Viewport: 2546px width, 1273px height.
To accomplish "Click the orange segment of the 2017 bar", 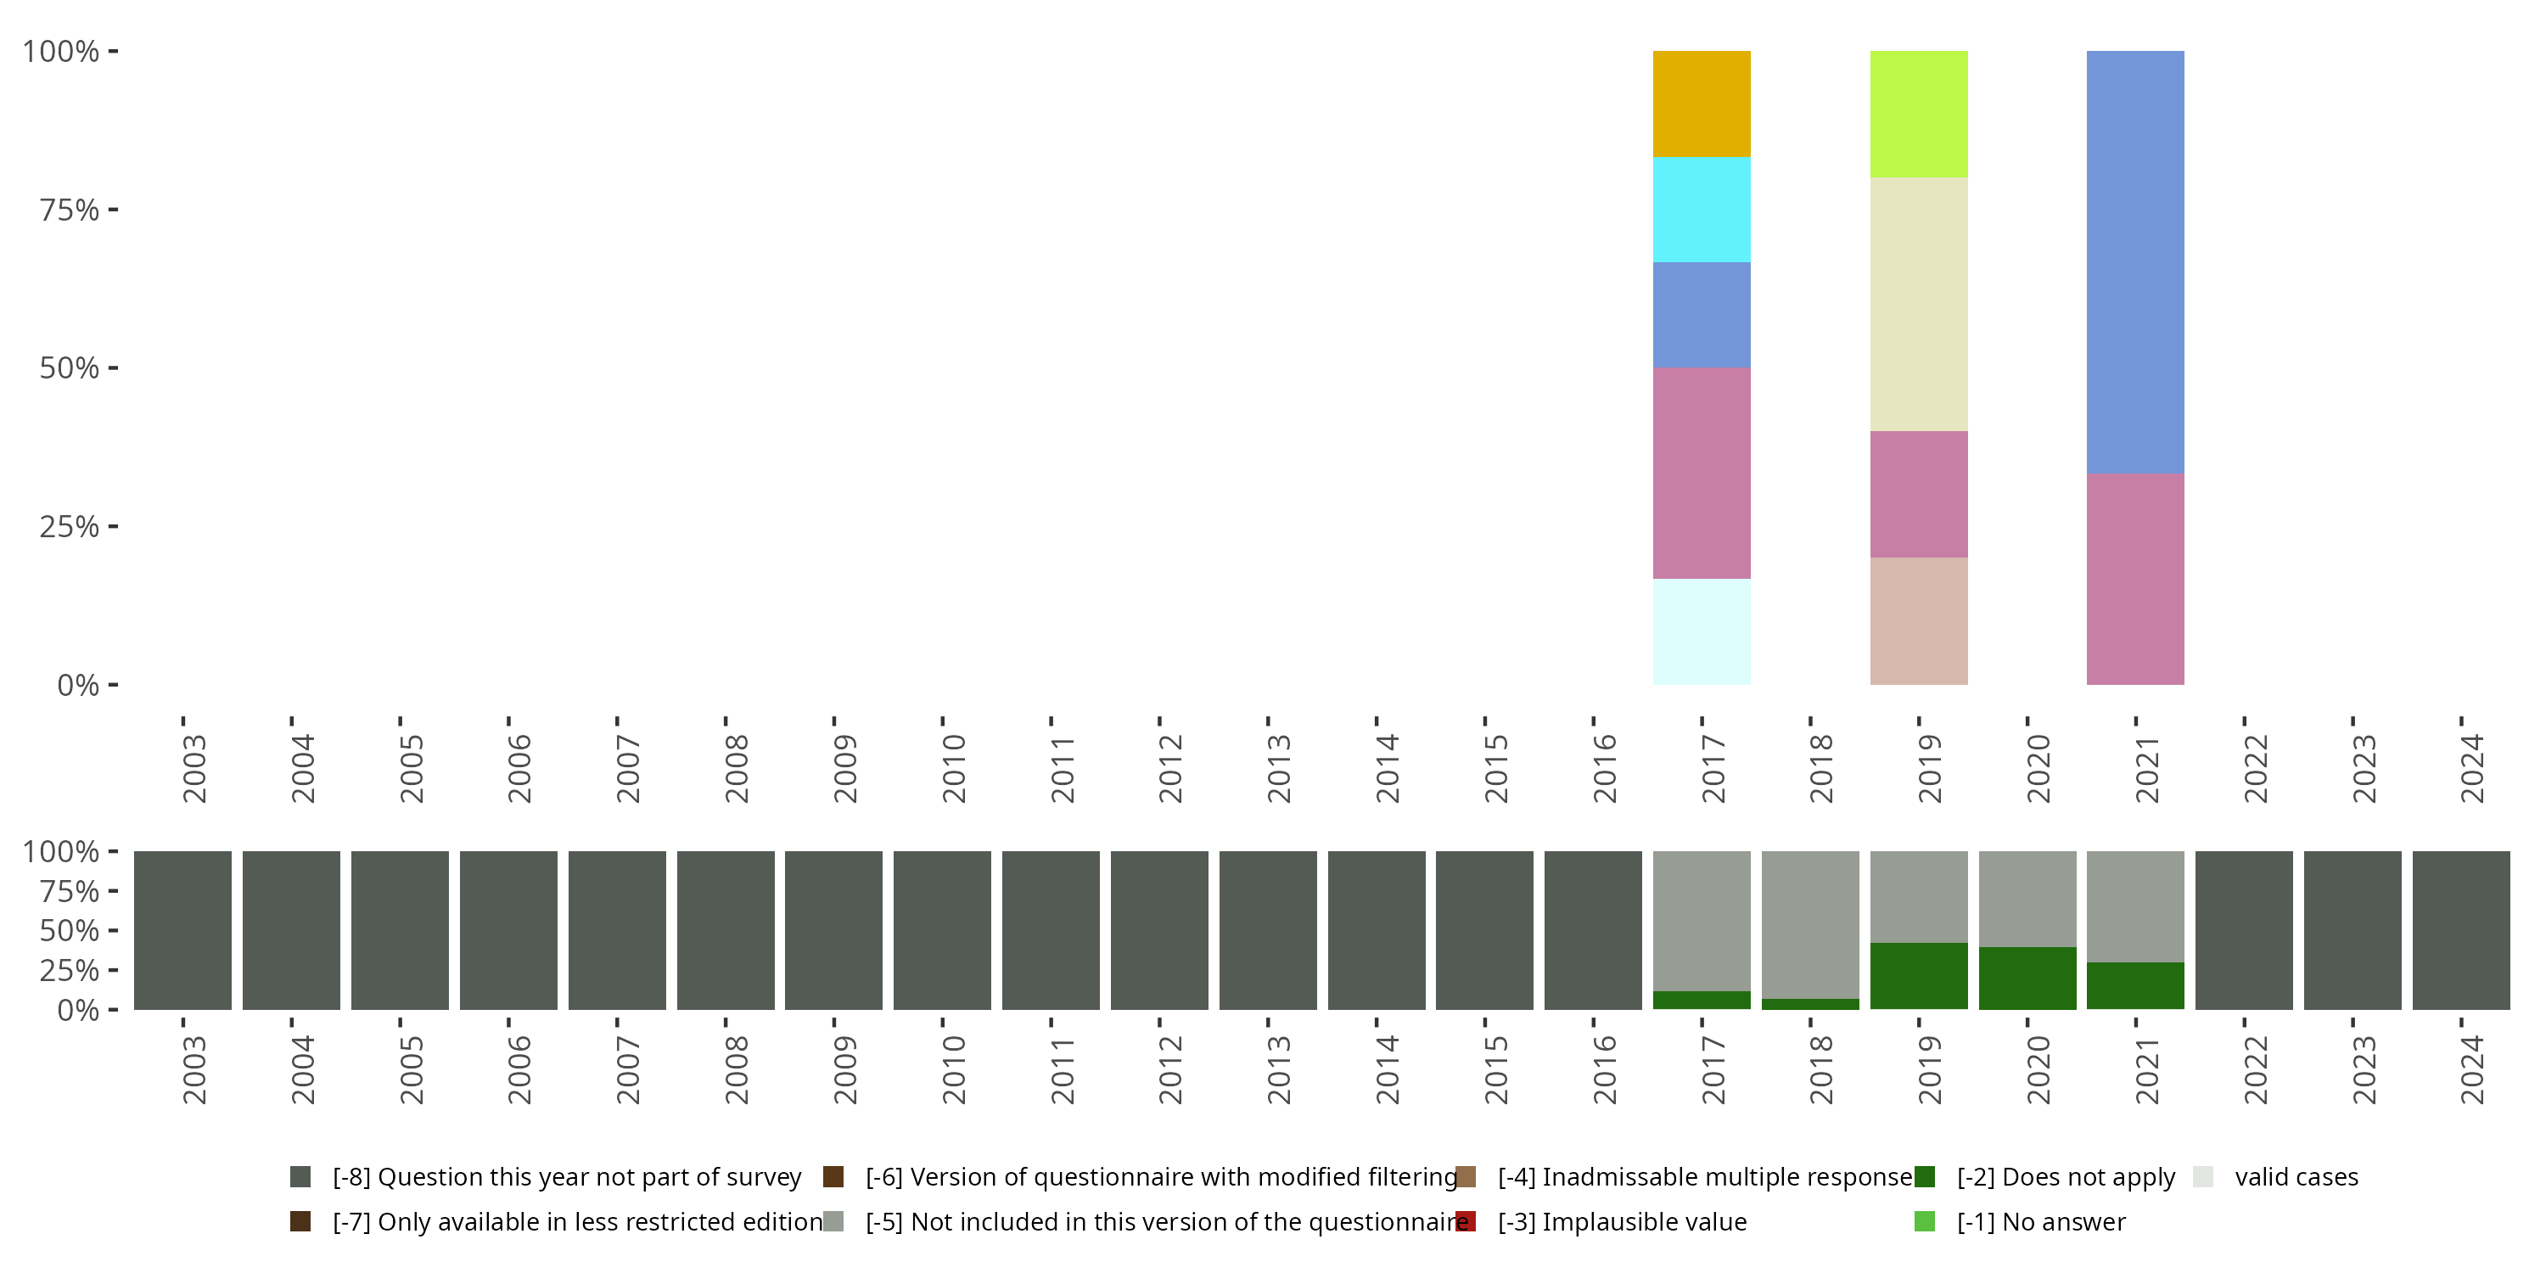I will coord(1701,104).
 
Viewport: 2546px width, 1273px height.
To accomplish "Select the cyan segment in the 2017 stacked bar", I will coord(1701,210).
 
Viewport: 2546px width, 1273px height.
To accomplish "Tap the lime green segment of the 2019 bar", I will coord(1918,114).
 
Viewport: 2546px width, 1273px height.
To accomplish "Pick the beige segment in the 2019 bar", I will coord(1918,304).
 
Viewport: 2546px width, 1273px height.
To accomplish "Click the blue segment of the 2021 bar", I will coord(2135,262).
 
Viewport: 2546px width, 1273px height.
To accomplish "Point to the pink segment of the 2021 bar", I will coord(2135,579).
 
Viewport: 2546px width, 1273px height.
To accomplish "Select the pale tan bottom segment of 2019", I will coord(1918,620).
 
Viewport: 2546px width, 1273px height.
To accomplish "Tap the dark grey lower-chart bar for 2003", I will coord(182,930).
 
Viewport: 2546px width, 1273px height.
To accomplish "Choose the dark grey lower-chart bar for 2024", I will coord(2461,930).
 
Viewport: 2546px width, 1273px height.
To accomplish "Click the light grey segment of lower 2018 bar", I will coord(1809,924).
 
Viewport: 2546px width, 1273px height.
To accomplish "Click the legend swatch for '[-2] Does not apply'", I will coord(1924,1177).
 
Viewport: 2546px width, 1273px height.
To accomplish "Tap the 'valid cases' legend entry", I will coord(2296,1177).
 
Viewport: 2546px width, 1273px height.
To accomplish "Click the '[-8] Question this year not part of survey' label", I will coord(566,1177).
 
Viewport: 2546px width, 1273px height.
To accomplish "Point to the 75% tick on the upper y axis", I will coord(70,210).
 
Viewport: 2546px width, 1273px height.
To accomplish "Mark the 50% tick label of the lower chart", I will coord(70,931).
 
